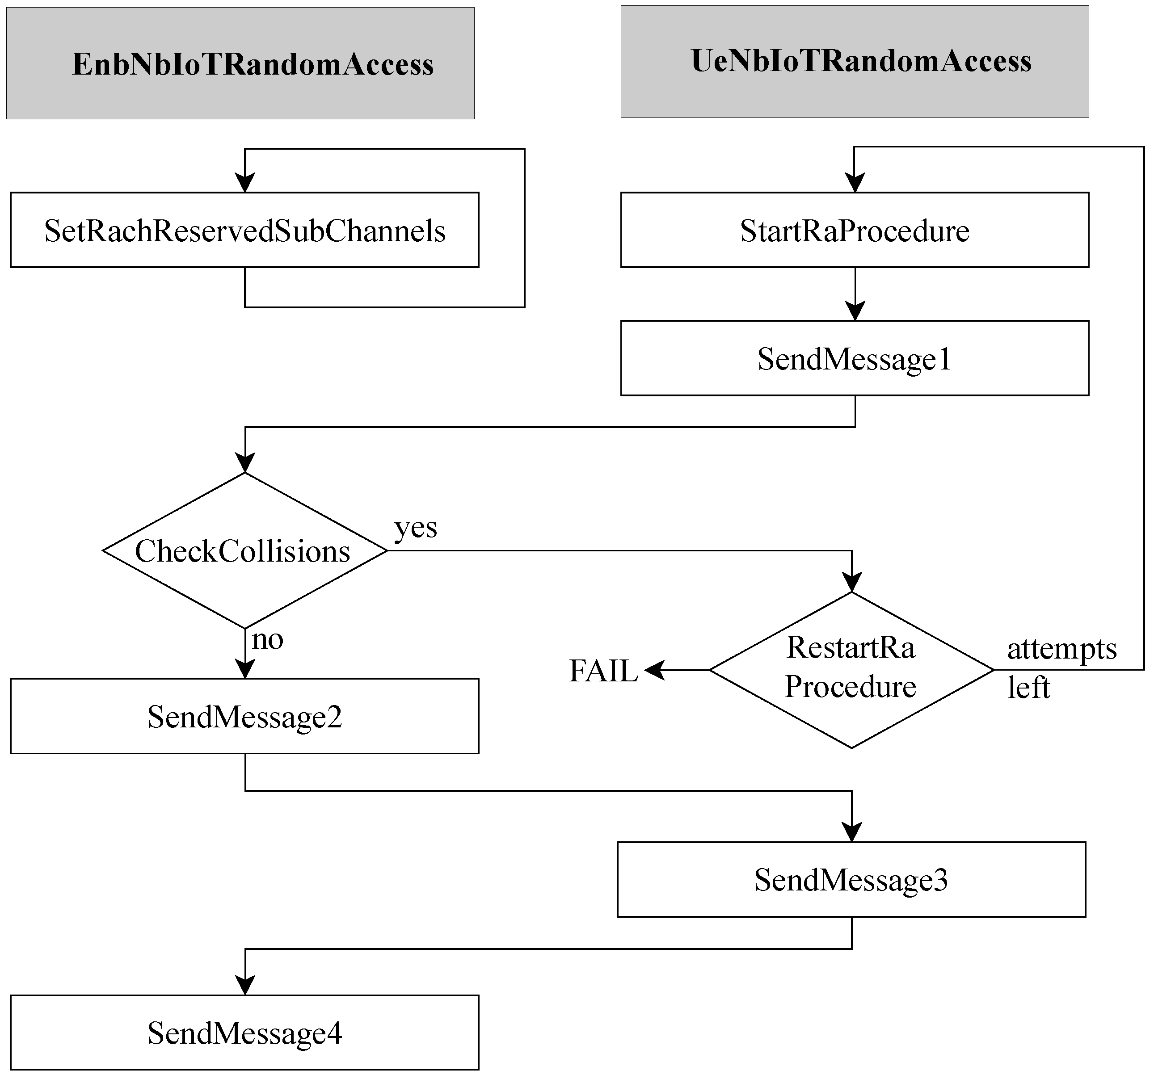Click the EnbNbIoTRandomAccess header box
click(x=240, y=63)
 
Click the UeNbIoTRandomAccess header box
click(x=855, y=62)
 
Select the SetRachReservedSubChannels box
click(x=244, y=230)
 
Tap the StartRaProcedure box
click(x=855, y=230)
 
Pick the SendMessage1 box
click(x=855, y=358)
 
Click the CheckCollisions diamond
click(x=244, y=550)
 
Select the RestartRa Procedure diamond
click(x=851, y=670)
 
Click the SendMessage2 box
click(x=244, y=716)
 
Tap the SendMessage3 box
click(x=851, y=879)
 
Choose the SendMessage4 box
click(x=244, y=1033)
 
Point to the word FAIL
click(x=603, y=671)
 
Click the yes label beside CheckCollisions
click(x=416, y=528)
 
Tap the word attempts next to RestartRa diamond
click(x=1061, y=649)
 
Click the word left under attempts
click(x=1028, y=688)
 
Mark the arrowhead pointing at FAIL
click(x=653, y=670)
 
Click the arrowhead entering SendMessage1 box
click(x=855, y=311)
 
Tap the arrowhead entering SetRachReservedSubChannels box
click(x=245, y=183)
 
